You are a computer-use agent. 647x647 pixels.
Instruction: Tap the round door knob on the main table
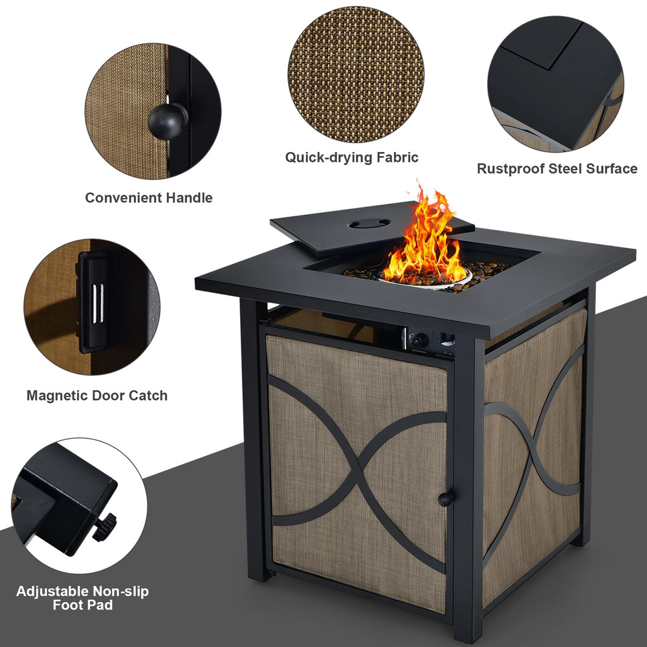444,499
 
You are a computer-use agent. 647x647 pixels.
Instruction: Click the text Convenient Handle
149,198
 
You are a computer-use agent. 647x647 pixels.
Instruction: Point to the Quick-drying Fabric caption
352,157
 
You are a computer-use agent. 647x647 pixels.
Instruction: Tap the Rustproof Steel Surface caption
557,169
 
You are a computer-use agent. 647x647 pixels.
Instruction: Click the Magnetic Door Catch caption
97,395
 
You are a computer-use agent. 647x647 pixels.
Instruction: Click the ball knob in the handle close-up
165,118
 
